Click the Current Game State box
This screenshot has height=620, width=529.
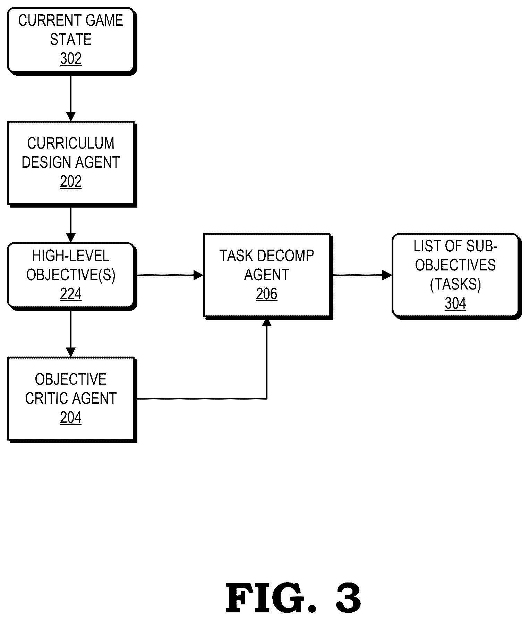click(x=72, y=41)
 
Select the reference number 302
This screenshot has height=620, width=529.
click(x=71, y=59)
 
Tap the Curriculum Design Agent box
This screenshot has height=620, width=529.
click(x=72, y=164)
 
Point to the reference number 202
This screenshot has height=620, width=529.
click(x=71, y=182)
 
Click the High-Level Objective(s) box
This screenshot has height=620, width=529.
click(x=72, y=276)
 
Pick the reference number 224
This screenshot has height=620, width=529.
click(x=71, y=294)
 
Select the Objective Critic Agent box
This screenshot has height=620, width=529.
click(x=72, y=400)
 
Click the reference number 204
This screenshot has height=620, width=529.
click(x=71, y=417)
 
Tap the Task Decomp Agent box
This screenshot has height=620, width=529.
click(x=268, y=276)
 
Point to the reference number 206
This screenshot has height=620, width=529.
click(x=267, y=294)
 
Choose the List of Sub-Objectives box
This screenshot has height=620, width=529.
click(x=457, y=276)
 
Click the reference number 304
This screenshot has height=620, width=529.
click(x=455, y=303)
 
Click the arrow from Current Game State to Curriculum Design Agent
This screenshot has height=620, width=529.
click(x=71, y=98)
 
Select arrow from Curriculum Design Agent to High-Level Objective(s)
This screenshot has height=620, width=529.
click(x=71, y=225)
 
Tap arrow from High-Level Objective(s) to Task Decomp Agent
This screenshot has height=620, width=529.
click(x=170, y=275)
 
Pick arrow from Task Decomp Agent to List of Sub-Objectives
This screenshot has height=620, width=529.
click(x=362, y=275)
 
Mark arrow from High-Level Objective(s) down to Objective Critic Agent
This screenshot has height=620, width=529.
click(x=71, y=334)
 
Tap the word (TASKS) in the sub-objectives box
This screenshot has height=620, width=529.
click(x=455, y=284)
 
